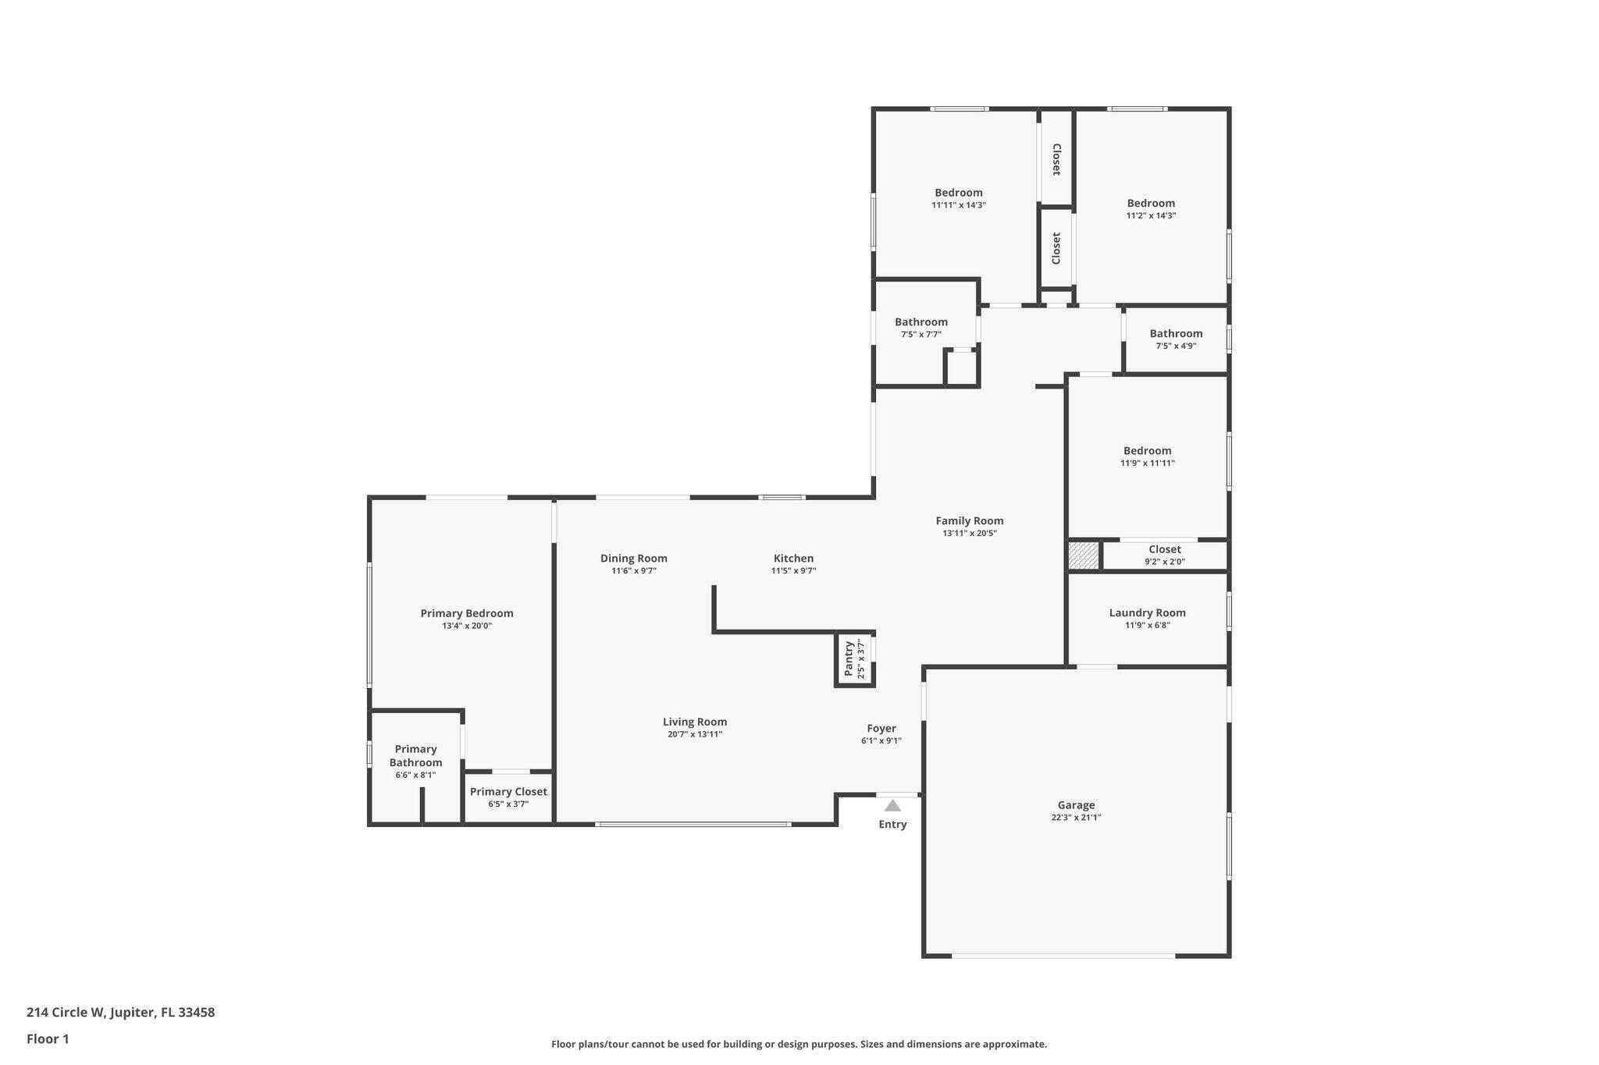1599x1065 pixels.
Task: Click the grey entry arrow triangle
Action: pyautogui.click(x=892, y=806)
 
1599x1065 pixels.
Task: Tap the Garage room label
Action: pyautogui.click(x=1076, y=805)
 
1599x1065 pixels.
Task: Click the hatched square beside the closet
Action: pyautogui.click(x=1083, y=556)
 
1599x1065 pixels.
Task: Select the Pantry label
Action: pyautogui.click(x=849, y=659)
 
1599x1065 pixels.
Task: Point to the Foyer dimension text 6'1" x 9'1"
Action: pyautogui.click(x=881, y=741)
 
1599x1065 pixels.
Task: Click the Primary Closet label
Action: pyautogui.click(x=508, y=791)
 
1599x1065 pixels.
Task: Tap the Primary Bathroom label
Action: pyautogui.click(x=415, y=755)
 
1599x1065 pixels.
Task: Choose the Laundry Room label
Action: pyautogui.click(x=1147, y=612)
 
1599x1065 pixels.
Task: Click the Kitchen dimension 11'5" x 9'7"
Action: pyautogui.click(x=793, y=571)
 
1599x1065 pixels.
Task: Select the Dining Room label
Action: pyautogui.click(x=633, y=558)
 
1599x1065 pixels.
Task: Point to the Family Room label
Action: pyautogui.click(x=969, y=520)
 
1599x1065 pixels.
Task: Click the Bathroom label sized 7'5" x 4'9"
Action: pyautogui.click(x=1176, y=333)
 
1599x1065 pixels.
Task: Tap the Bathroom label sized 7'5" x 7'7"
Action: pyautogui.click(x=921, y=321)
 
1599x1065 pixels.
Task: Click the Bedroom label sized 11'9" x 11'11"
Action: pyautogui.click(x=1147, y=450)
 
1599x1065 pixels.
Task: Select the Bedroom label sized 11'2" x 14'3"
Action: pyautogui.click(x=1151, y=203)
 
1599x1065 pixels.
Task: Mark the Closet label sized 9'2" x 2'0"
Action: pyautogui.click(x=1164, y=549)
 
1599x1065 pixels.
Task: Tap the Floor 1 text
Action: pyautogui.click(x=48, y=1038)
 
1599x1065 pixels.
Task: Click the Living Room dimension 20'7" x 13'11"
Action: pyautogui.click(x=695, y=734)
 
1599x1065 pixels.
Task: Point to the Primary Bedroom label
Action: pyautogui.click(x=467, y=612)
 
